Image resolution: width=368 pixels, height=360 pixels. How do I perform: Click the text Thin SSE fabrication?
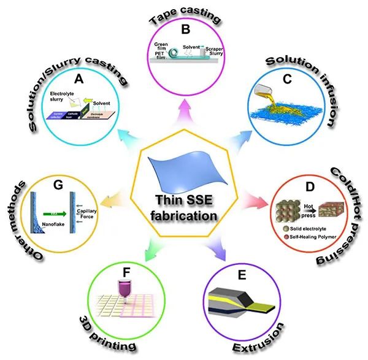click(184, 208)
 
